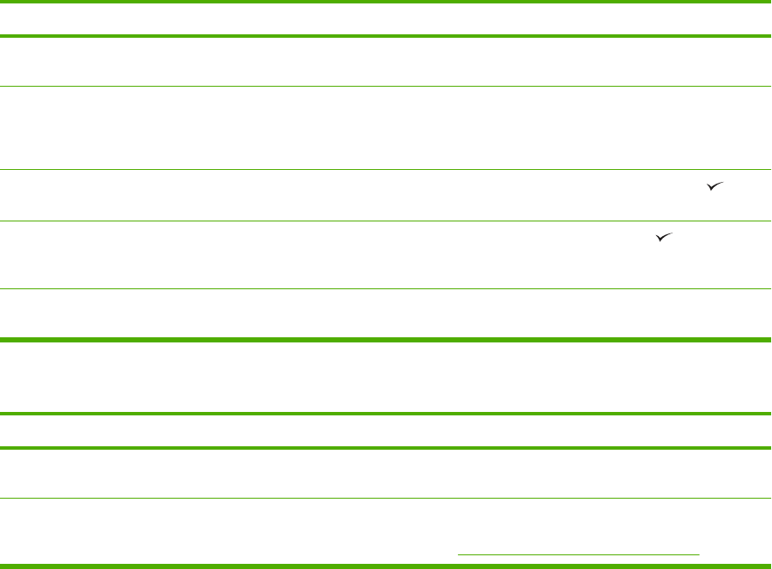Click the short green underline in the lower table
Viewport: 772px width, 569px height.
(579, 554)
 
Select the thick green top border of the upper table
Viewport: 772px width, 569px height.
(386, 3)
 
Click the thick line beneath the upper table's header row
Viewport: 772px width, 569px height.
(386, 36)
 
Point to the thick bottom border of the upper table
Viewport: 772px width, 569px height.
(386, 340)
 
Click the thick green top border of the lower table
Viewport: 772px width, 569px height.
(386, 415)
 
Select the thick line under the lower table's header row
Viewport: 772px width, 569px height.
(386, 448)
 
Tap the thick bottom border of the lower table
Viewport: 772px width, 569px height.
(386, 566)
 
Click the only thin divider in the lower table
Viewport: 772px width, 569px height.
(386, 499)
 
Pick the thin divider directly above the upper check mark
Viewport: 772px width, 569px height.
(386, 169)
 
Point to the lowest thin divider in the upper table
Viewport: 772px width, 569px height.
(386, 288)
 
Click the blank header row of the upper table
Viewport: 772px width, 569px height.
(386, 19)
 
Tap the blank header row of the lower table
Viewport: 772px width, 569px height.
(386, 431)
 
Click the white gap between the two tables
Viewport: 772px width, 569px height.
(386, 378)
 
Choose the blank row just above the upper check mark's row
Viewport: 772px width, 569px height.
(386, 127)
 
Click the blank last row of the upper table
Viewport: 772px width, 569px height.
(386, 313)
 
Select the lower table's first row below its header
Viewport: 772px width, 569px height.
(386, 473)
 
